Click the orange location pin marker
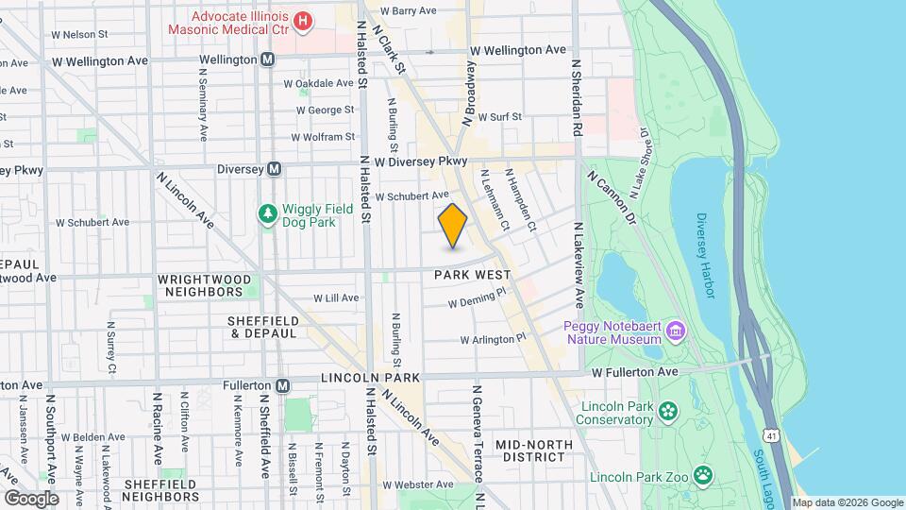453,226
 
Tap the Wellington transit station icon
268,59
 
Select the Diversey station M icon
274,169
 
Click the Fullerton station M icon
282,385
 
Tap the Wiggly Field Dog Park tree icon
269,214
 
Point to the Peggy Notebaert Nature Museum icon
676,331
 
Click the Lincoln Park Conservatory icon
669,410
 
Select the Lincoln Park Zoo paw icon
703,475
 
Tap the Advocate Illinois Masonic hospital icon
303,20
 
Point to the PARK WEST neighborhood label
472,275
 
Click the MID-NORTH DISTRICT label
529,450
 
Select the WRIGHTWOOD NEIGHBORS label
206,286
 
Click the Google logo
31,498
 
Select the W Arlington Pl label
493,339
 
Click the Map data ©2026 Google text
847,502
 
